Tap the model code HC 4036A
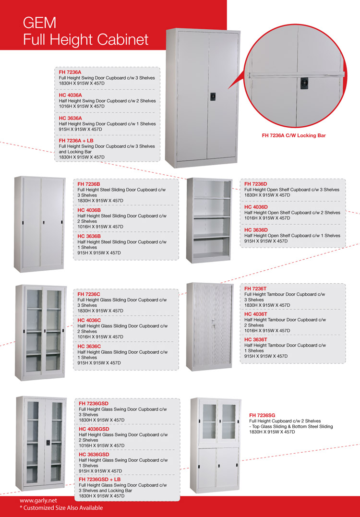(70, 95)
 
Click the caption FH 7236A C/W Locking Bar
(294, 135)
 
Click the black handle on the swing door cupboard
(213, 96)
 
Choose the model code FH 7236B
(89, 184)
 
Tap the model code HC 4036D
(256, 207)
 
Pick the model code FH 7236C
(89, 294)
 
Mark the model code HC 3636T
(255, 339)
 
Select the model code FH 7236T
(255, 288)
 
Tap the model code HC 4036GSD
(94, 429)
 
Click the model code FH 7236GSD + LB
(99, 479)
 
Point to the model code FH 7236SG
(262, 415)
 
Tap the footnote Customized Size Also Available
(63, 508)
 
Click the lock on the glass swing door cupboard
(48, 441)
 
